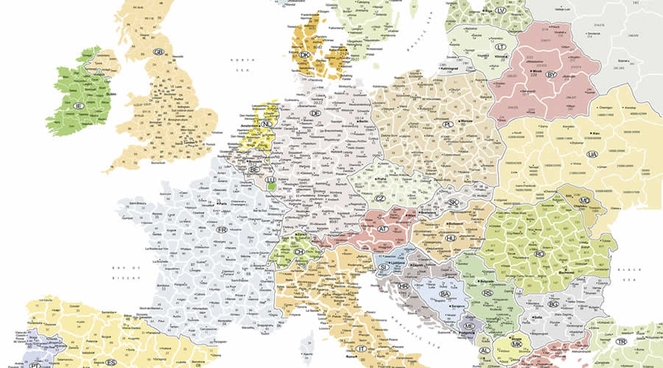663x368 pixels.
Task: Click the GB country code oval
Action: tap(158, 52)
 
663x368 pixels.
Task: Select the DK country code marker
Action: tap(305, 54)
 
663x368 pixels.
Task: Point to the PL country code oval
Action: tap(447, 125)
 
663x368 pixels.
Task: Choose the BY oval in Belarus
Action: tap(550, 74)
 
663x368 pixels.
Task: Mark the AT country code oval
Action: tap(383, 228)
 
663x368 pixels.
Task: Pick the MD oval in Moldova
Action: tap(584, 200)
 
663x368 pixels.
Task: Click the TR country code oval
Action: tap(622, 342)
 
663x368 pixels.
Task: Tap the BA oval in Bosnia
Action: tap(444, 294)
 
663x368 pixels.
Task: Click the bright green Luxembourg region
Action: tap(273, 186)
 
